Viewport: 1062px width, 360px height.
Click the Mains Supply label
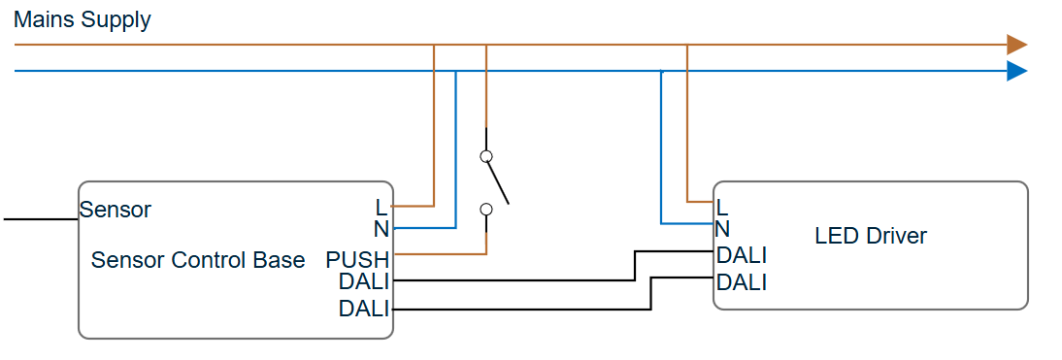click(x=83, y=20)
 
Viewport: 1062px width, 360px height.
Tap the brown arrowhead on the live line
click(x=1015, y=45)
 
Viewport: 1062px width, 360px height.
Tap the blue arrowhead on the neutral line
click(x=1015, y=71)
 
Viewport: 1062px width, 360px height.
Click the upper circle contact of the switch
click(x=486, y=155)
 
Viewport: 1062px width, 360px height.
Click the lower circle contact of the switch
click(x=486, y=209)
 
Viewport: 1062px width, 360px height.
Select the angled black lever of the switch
click(x=497, y=182)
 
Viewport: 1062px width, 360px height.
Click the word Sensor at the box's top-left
click(x=116, y=210)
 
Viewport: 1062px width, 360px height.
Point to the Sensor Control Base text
click(x=198, y=260)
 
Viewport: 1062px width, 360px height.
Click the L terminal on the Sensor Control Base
click(x=381, y=207)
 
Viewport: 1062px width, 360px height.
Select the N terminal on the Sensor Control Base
click(x=381, y=229)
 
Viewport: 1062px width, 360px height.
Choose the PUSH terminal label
click(x=357, y=260)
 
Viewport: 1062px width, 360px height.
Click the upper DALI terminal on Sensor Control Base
click(x=364, y=281)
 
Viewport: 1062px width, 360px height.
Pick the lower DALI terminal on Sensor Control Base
click(x=364, y=310)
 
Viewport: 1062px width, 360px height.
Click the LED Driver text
click(x=870, y=236)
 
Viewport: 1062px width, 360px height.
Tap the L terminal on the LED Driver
click(x=721, y=207)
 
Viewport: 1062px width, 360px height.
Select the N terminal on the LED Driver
click(x=722, y=229)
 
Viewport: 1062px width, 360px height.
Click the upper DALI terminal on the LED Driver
click(x=742, y=255)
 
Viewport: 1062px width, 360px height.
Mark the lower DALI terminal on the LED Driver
click(x=742, y=282)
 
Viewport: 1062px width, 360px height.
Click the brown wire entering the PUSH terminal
click(x=437, y=254)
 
